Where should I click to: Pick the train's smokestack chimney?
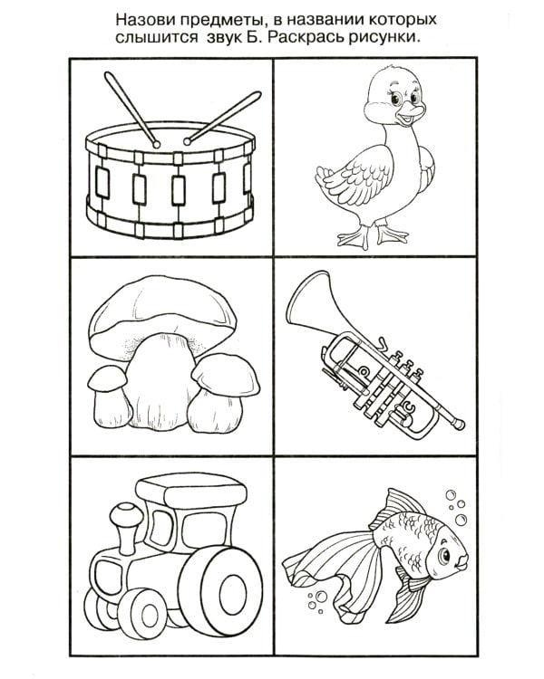coord(126,528)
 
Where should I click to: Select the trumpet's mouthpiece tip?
coord(458,424)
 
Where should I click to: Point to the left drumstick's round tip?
coord(156,144)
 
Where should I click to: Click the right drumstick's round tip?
coord(188,141)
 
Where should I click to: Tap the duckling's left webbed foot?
coord(354,237)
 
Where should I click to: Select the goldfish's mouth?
coord(462,560)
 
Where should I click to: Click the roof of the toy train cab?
coord(191,490)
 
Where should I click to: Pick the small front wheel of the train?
coord(142,613)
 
